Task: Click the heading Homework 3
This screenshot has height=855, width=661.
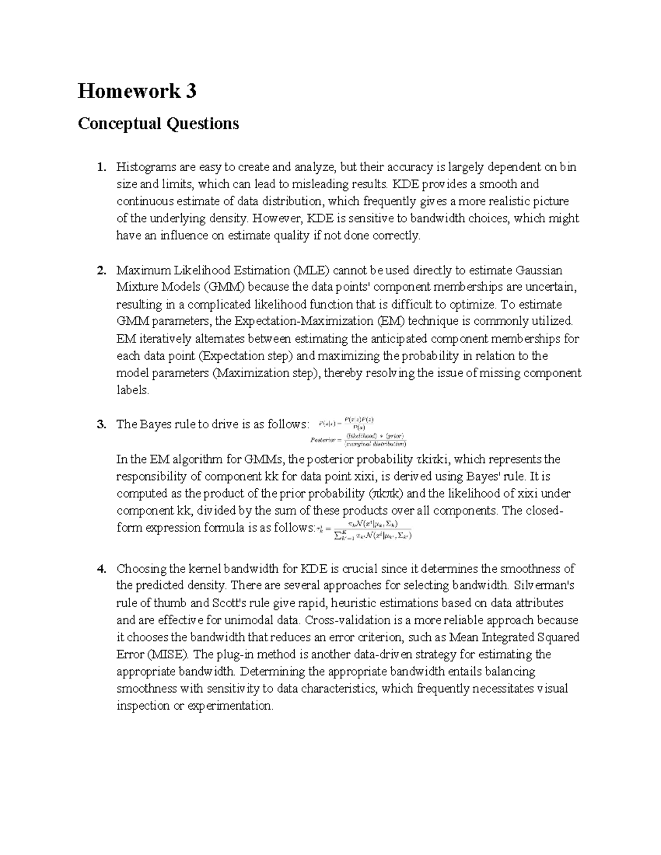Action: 137,91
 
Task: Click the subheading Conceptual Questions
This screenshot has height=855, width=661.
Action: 158,123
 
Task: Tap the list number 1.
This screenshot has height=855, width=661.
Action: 100,167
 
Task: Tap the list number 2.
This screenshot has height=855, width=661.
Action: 100,270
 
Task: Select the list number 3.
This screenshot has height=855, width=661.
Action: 100,424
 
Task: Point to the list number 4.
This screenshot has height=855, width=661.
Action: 100,569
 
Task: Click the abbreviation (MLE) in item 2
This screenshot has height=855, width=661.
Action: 312,270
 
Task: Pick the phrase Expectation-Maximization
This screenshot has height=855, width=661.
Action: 305,322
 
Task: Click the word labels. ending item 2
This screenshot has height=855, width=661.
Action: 133,390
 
